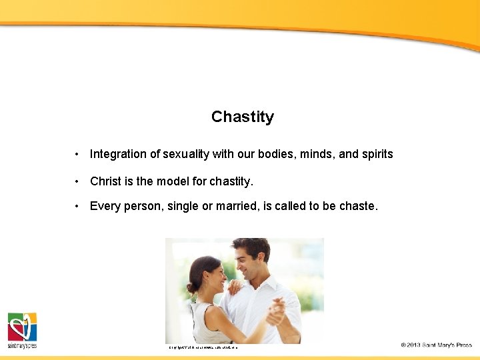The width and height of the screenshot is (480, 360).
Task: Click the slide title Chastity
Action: tap(243, 117)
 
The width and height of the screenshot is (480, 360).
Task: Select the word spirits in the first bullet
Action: tap(377, 154)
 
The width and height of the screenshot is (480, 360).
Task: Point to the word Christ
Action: tap(106, 181)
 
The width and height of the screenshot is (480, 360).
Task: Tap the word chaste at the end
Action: tap(358, 206)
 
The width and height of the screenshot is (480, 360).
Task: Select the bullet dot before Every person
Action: tap(78, 206)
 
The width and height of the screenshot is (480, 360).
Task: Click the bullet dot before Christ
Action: tap(78, 181)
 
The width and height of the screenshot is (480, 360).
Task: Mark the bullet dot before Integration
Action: tap(78, 154)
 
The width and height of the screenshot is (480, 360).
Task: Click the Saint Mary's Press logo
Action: tap(22, 331)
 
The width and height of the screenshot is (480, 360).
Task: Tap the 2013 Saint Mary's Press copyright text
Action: tap(436, 345)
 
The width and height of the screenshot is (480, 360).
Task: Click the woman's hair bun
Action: tap(191, 288)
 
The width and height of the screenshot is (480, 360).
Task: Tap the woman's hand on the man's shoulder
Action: tap(235, 287)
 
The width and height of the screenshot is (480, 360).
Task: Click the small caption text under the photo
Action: tap(203, 347)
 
